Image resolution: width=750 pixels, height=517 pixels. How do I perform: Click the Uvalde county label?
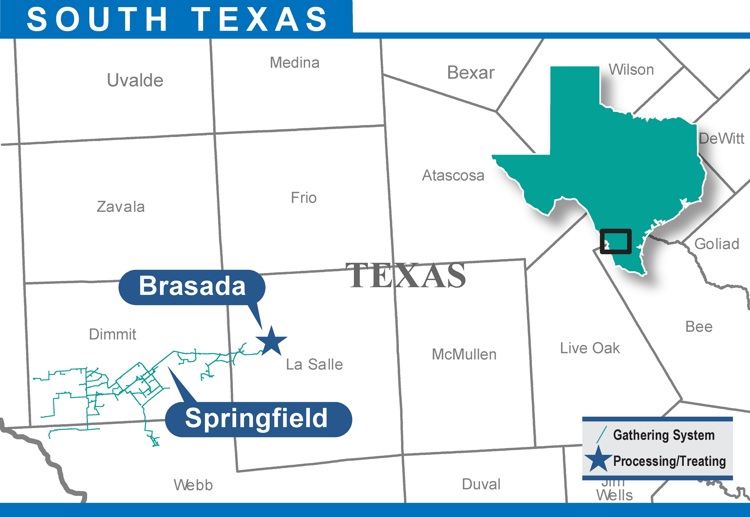coord(135,80)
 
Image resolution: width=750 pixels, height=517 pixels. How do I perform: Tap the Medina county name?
coord(295,62)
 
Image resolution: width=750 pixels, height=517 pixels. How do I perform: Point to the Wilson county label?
coord(631,70)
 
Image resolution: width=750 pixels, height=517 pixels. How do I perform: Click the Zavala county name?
coord(121,207)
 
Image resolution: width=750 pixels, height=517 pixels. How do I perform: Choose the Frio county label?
coord(303,198)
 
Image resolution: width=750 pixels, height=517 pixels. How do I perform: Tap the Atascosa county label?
coord(453,175)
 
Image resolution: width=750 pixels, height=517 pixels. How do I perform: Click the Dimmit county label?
coord(113,334)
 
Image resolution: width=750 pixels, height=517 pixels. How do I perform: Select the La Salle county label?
coord(314,365)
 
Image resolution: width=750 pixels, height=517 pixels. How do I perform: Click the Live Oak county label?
coord(590,348)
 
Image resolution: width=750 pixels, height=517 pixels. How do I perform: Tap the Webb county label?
coord(193,485)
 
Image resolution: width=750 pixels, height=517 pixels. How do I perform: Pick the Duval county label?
coord(481,484)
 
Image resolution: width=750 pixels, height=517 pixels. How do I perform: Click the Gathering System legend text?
coord(664,435)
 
